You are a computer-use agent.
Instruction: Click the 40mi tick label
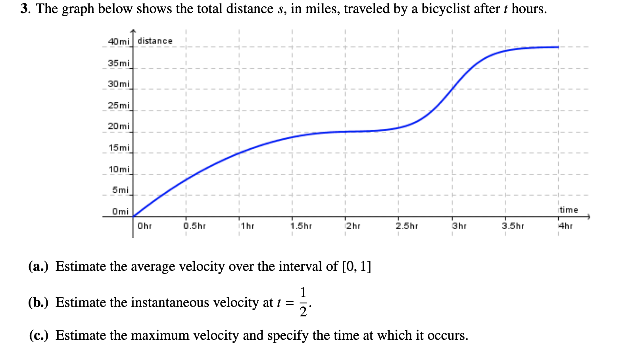(x=119, y=42)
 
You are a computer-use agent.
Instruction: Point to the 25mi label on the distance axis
(x=119, y=105)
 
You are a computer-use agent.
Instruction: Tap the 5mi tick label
(x=120, y=190)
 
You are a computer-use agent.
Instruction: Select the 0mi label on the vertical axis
(x=120, y=211)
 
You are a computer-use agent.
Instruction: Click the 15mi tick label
(x=119, y=148)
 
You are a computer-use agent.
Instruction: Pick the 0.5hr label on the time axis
(x=194, y=226)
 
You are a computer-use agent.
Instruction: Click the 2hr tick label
(x=353, y=226)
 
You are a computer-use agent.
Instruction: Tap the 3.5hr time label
(x=513, y=226)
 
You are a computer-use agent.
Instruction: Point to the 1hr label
(x=248, y=226)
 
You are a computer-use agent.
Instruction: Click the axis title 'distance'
(x=155, y=41)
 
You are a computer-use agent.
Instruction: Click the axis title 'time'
(x=569, y=210)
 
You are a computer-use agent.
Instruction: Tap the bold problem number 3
(x=25, y=8)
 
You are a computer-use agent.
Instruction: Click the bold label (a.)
(x=38, y=266)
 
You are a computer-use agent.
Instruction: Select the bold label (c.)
(x=38, y=335)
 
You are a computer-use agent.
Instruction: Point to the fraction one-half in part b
(x=303, y=302)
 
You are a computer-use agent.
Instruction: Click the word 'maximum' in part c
(x=161, y=335)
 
